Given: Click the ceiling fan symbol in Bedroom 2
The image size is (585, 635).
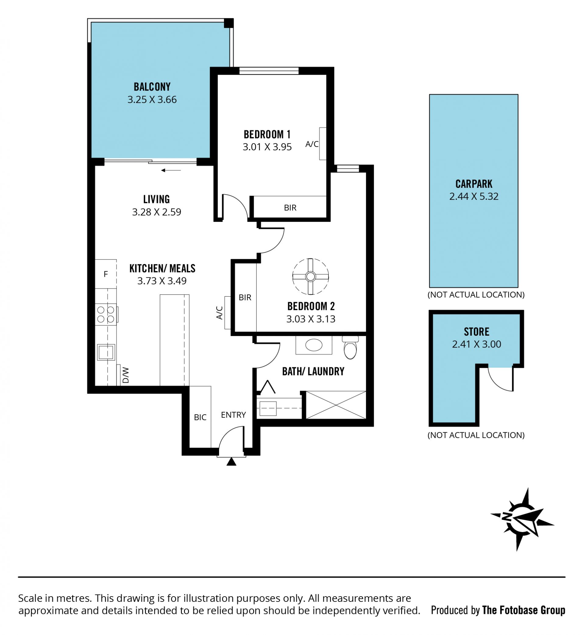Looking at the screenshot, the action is (310, 276).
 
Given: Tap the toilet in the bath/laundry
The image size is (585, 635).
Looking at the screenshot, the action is (350, 348).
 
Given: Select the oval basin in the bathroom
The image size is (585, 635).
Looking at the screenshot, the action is (314, 345).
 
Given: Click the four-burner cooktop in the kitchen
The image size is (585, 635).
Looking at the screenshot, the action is (106, 314).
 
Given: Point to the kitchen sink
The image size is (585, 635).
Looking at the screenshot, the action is (106, 352).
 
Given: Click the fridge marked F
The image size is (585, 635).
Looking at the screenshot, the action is (106, 274).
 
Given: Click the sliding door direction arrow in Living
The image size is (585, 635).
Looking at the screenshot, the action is (171, 170).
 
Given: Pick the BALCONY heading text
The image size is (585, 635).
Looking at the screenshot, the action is (152, 87).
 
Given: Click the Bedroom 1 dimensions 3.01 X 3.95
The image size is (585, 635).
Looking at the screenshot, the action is (267, 147).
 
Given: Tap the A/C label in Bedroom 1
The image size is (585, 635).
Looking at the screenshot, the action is (312, 144).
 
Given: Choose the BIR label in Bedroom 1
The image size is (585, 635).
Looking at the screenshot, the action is (290, 208).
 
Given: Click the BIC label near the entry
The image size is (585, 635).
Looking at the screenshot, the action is (200, 417).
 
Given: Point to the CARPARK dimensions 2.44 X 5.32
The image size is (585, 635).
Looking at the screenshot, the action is (474, 196).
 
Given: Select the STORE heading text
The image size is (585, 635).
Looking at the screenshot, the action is (477, 332).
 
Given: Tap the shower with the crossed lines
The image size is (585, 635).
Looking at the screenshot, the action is (336, 405).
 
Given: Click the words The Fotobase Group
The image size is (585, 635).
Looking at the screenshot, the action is (523, 610).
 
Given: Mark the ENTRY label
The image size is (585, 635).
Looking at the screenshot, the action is (233, 415).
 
